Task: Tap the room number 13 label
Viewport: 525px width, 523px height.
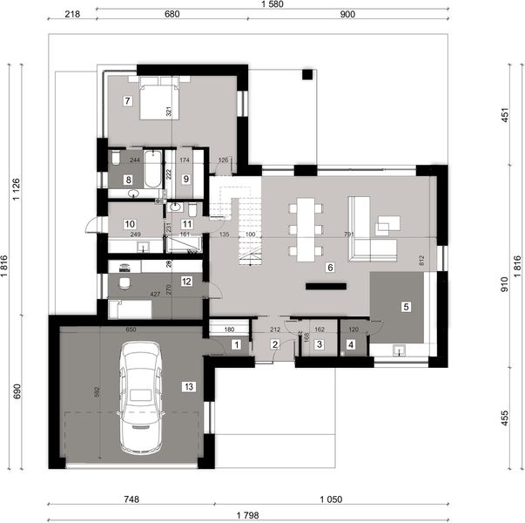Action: click(188, 385)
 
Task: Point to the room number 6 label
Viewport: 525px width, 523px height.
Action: click(330, 268)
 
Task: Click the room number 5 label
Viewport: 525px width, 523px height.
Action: click(405, 307)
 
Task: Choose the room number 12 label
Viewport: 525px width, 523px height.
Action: click(186, 281)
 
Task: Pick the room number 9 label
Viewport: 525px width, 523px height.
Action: click(186, 179)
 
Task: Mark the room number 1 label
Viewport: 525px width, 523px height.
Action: click(237, 346)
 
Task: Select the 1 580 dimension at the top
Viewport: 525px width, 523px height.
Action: click(271, 5)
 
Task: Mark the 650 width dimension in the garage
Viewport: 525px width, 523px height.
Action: click(130, 330)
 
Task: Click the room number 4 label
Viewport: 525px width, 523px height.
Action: click(351, 346)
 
